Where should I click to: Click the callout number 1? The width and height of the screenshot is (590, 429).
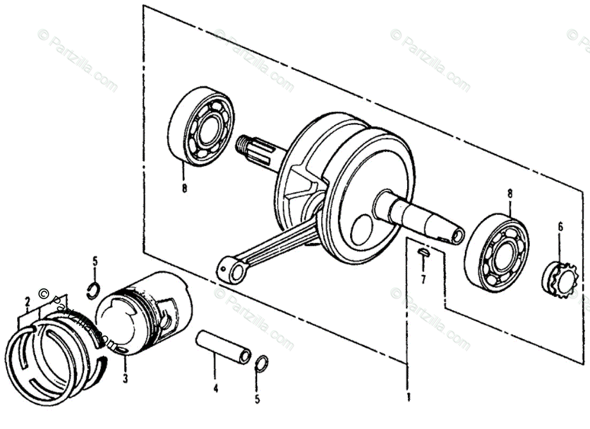[408, 397]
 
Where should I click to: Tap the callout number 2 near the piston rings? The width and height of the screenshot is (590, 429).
[27, 302]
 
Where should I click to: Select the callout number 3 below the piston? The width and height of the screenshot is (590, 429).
[125, 379]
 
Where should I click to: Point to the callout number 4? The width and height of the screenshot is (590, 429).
[216, 388]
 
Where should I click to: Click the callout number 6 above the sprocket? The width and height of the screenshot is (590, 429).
[560, 227]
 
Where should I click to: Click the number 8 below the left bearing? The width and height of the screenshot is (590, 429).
[184, 188]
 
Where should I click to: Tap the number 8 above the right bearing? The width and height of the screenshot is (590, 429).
[509, 194]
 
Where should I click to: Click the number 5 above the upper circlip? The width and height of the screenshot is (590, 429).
[95, 261]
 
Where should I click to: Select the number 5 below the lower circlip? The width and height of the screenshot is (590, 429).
[257, 399]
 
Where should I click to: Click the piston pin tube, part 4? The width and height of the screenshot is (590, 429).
[223, 348]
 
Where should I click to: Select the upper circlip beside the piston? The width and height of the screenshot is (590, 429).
[93, 288]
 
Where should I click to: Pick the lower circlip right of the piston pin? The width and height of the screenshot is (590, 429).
[261, 363]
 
